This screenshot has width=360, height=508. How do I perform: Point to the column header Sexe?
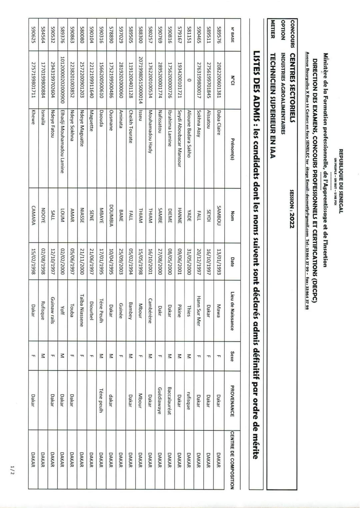coord(232,356)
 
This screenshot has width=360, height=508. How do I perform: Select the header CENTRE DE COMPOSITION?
coord(232,460)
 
